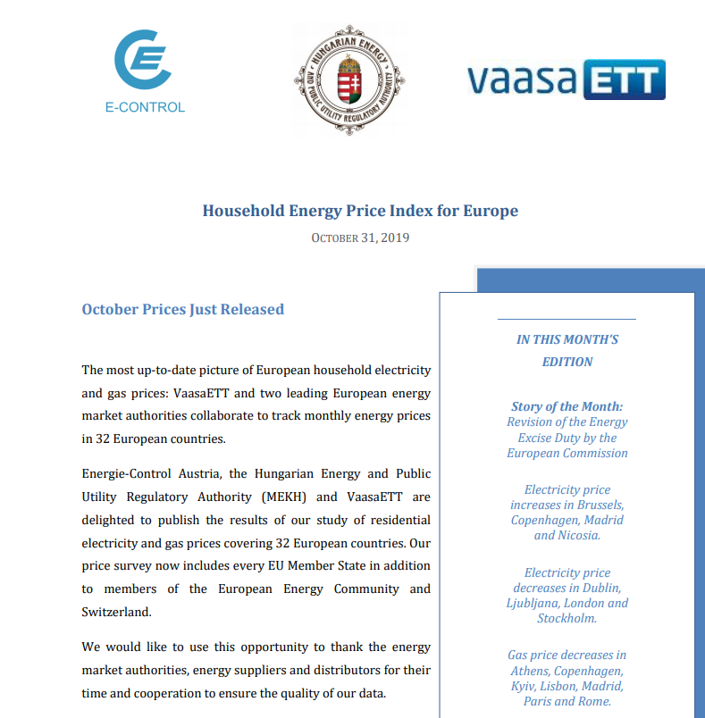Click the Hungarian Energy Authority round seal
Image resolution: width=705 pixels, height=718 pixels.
[349, 80]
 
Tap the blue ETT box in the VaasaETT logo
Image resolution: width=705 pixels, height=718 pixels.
[625, 79]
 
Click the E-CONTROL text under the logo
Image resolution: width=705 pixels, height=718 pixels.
[145, 107]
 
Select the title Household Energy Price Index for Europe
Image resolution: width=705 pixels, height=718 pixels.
[360, 212]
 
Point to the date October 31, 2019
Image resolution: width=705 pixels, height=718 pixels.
[360, 238]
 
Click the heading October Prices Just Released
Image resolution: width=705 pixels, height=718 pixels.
[182, 310]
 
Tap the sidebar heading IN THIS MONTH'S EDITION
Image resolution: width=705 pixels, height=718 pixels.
[567, 351]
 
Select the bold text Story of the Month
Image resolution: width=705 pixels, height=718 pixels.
[567, 406]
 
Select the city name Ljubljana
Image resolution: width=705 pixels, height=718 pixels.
[536, 603]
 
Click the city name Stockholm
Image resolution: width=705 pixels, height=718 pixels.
[567, 618]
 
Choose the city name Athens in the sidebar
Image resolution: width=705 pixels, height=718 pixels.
[533, 671]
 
